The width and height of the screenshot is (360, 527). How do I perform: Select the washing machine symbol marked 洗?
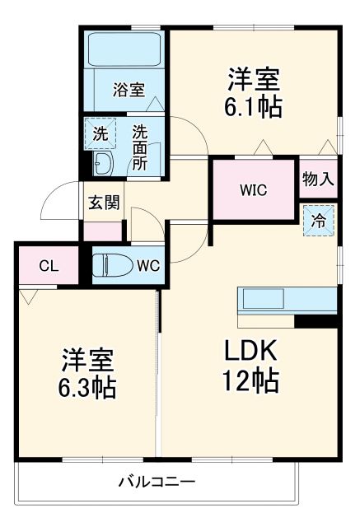point(101,133)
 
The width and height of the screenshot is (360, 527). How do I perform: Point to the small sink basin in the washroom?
point(102,162)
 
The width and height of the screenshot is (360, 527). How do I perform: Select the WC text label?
point(147,266)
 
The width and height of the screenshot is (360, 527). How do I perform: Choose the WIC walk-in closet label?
point(253,189)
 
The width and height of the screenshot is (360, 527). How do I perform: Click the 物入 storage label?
point(317,179)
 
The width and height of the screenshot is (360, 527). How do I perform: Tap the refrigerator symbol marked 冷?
point(318,220)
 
